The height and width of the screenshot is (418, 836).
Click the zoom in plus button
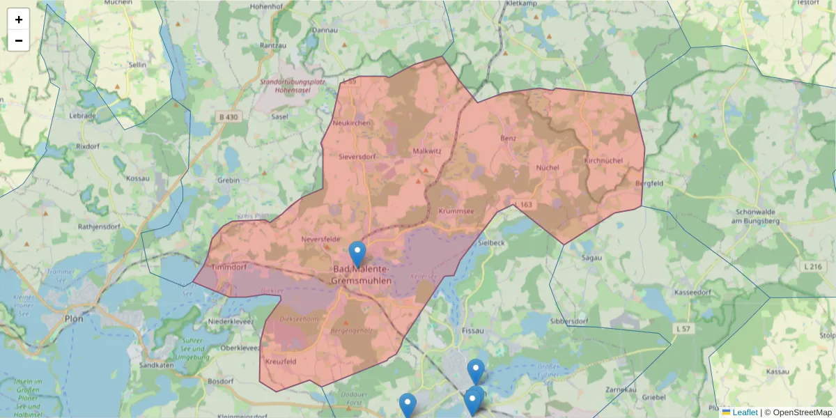click(19, 20)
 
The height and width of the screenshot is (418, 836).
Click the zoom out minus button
click(19, 40)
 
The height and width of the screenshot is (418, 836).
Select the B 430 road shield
click(229, 117)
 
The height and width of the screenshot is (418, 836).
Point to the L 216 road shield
click(812, 267)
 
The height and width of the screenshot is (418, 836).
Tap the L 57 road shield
click(684, 327)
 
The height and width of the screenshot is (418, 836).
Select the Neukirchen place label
click(353, 123)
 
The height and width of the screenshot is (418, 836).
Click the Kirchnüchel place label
click(603, 160)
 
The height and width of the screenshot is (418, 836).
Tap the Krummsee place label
click(456, 210)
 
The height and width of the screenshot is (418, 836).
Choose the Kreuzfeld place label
click(281, 362)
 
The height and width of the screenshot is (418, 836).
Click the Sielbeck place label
click(492, 242)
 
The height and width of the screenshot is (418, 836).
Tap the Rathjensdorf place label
click(99, 225)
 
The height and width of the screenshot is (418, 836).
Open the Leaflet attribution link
click(745, 412)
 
